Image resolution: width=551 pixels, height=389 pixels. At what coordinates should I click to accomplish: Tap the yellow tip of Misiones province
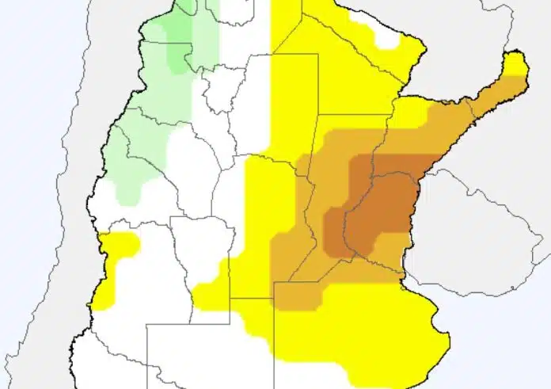(x=515, y=63)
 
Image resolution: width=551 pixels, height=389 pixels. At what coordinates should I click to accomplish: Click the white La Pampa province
(x=190, y=349)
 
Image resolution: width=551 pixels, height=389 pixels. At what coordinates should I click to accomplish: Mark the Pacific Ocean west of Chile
(x=24, y=198)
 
